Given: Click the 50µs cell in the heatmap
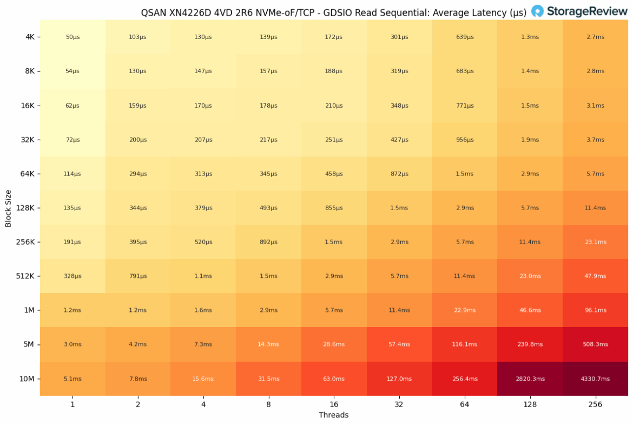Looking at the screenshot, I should click(72, 37).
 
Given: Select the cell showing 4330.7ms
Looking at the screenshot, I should click(595, 379).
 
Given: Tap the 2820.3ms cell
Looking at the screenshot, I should click(530, 379).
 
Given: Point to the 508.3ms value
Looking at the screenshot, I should click(595, 344).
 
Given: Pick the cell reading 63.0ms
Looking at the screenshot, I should click(334, 379).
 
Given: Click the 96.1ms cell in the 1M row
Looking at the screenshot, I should click(595, 310).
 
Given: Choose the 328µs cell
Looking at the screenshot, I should click(72, 276).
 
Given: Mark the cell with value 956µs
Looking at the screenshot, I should click(464, 140).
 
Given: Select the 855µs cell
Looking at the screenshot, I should click(334, 208).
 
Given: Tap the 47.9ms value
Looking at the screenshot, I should click(595, 276).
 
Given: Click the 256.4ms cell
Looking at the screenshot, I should click(464, 379).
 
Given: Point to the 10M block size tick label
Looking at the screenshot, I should click(27, 379).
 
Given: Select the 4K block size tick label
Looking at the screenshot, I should click(30, 37).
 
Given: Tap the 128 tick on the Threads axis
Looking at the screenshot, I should click(530, 404).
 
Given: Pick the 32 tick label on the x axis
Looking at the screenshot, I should click(399, 404).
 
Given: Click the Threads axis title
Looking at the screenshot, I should click(334, 415).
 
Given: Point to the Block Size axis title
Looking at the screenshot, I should click(8, 208).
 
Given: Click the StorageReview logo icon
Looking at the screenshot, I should click(537, 11).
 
